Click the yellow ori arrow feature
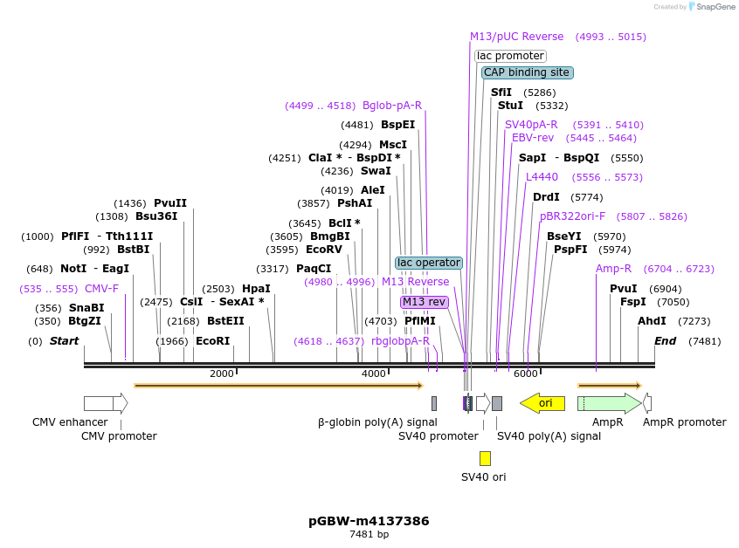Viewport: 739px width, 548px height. tap(542, 403)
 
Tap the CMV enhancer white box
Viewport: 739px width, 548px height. tap(103, 403)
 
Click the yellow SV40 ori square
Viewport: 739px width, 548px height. tap(485, 458)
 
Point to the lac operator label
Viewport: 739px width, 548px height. tap(428, 263)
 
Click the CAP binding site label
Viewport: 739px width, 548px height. tap(527, 72)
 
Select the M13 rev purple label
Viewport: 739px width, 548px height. tap(424, 302)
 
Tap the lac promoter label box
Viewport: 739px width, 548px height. tap(510, 56)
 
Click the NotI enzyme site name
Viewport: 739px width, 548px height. tap(73, 269)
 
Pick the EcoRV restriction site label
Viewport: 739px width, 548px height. tap(323, 250)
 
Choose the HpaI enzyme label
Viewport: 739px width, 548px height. tap(256, 289)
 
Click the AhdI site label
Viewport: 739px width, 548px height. tap(652, 321)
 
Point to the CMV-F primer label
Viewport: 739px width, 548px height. tap(101, 289)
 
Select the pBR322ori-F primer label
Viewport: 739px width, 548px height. tap(572, 216)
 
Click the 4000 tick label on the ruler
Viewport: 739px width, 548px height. tap(374, 374)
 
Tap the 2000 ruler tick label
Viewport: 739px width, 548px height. tap(222, 374)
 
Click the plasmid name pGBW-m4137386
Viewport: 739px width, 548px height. tap(369, 521)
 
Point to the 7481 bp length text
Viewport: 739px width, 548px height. tap(369, 534)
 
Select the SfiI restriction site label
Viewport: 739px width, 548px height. tap(501, 92)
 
